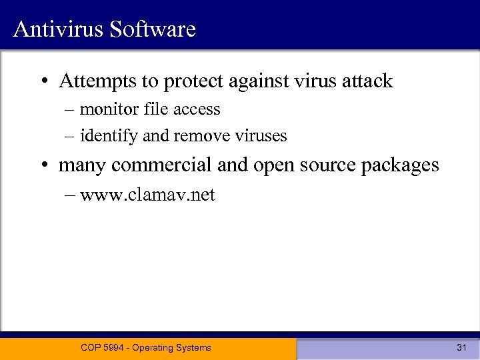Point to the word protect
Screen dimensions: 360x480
(x=194, y=82)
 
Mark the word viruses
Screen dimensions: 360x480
(x=261, y=136)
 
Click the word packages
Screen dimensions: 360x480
(x=400, y=165)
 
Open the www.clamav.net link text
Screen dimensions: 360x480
(x=147, y=195)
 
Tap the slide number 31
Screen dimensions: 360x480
(x=461, y=347)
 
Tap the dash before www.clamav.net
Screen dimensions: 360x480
(x=71, y=195)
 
